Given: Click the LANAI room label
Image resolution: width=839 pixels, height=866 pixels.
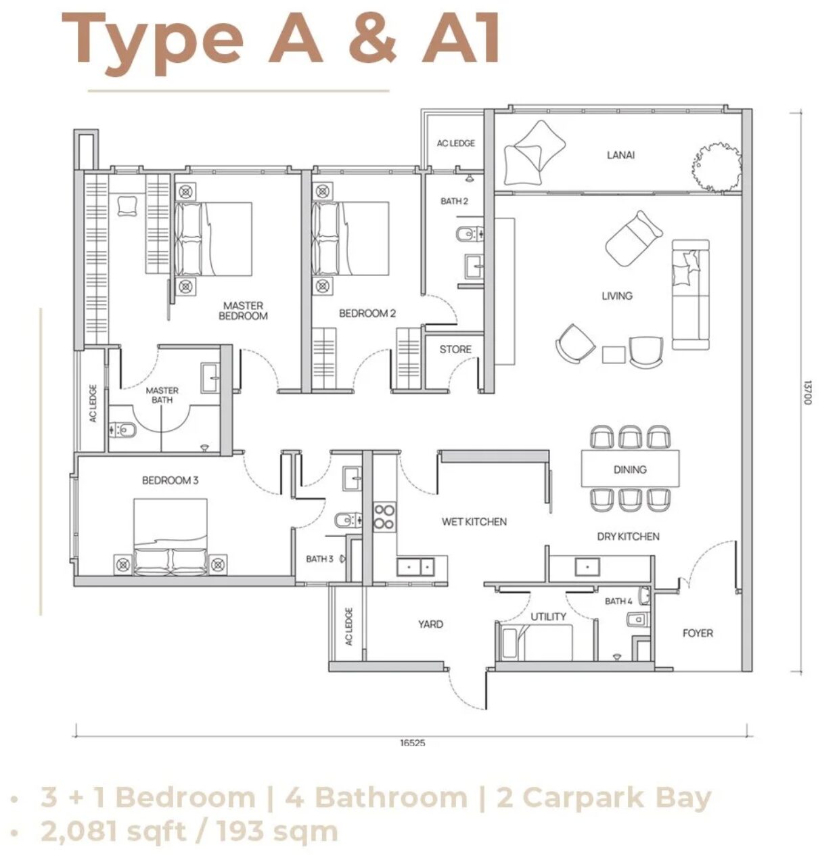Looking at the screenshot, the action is click(x=620, y=156).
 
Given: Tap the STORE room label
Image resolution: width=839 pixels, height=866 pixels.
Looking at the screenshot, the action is click(x=455, y=350).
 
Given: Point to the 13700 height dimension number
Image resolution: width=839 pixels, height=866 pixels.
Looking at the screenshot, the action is click(x=808, y=392).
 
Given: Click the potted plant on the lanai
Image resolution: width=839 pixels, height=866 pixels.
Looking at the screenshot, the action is click(x=716, y=168).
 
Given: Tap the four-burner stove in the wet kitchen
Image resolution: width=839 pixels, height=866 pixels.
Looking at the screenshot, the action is click(x=384, y=517).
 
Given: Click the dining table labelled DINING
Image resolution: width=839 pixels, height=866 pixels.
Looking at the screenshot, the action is click(x=630, y=468).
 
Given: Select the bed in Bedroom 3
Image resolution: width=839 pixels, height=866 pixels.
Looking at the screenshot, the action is click(x=171, y=537).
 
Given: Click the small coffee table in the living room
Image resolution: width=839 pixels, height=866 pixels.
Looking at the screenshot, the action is click(x=614, y=355).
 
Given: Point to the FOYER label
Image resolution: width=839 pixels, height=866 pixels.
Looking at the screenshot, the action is click(x=698, y=633).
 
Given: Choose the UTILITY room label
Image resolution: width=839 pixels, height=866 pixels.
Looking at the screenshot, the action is click(x=548, y=617).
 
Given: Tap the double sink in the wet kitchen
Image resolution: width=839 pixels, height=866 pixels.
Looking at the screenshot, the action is click(x=415, y=567).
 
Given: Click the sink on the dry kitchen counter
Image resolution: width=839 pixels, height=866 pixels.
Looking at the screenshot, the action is click(x=587, y=567).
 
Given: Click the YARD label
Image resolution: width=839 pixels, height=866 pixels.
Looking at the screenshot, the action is click(x=430, y=624).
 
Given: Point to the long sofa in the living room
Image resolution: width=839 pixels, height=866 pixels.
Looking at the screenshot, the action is click(x=690, y=294).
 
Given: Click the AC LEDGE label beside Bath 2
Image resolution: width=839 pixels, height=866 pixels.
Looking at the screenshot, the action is click(x=455, y=143).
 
